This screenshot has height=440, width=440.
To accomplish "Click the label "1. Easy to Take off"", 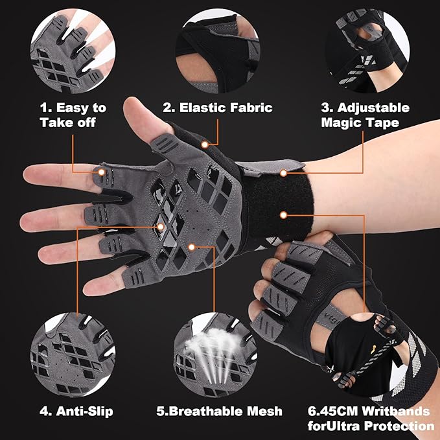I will click(x=73, y=115).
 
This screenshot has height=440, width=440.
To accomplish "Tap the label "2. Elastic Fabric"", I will click(x=218, y=108).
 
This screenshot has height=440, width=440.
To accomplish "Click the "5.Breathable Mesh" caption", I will click(x=220, y=411).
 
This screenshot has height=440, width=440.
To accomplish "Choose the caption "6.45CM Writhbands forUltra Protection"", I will click(x=371, y=418).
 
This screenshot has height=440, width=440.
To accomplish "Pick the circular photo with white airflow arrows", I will click(x=214, y=353).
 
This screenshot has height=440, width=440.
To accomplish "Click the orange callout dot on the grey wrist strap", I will click(x=283, y=173).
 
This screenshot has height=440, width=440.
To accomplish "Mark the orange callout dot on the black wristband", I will click(x=283, y=214).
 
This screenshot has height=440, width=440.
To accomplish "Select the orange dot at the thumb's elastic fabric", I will click(x=205, y=144).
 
